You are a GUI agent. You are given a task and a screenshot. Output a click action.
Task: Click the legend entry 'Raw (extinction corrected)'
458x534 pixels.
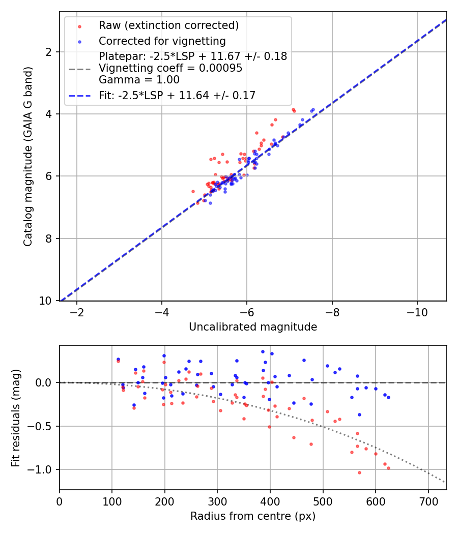168,25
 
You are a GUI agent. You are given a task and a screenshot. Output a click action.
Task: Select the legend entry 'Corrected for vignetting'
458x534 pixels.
162,41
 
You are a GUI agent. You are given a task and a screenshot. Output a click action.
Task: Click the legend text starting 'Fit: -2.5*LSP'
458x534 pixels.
177,95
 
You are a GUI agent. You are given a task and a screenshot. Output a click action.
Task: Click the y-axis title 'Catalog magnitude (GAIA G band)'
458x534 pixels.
28,156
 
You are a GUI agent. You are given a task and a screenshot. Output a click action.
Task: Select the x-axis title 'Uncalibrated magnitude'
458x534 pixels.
253,327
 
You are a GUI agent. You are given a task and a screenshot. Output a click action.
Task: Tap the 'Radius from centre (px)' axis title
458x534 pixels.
253,516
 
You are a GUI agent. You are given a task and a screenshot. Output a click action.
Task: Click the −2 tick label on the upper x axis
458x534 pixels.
77,311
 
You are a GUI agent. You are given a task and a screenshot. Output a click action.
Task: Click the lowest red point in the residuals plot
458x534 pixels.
359,472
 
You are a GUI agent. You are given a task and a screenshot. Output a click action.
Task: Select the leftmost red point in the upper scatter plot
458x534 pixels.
193,191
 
